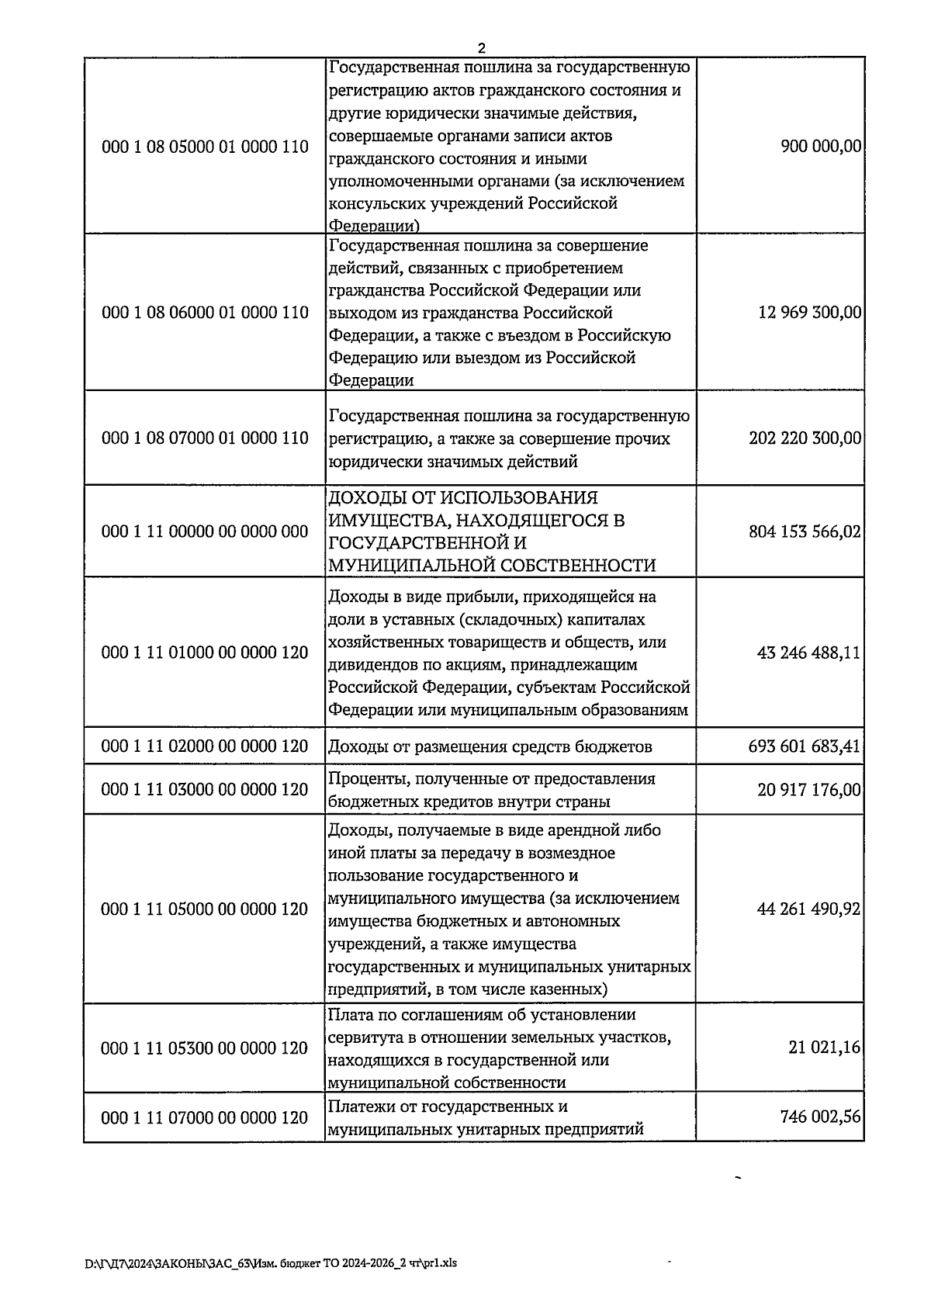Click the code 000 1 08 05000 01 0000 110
(x=205, y=147)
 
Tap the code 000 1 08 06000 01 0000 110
(x=205, y=313)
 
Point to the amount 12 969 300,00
(x=809, y=313)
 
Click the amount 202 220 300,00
(x=805, y=438)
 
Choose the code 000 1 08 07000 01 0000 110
(x=205, y=438)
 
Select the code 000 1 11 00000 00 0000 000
(x=205, y=532)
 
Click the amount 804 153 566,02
(x=805, y=532)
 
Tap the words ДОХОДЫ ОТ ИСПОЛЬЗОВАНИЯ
(x=463, y=497)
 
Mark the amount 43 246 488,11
(x=808, y=653)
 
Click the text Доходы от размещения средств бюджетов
(x=490, y=747)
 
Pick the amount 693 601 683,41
(x=805, y=746)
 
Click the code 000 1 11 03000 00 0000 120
(x=205, y=790)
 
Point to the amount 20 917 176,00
(x=808, y=790)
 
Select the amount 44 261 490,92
(x=808, y=909)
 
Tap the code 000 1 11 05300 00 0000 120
(x=205, y=1048)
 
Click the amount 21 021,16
(x=824, y=1048)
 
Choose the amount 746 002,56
(x=820, y=1117)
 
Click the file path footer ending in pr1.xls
(x=271, y=1262)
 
